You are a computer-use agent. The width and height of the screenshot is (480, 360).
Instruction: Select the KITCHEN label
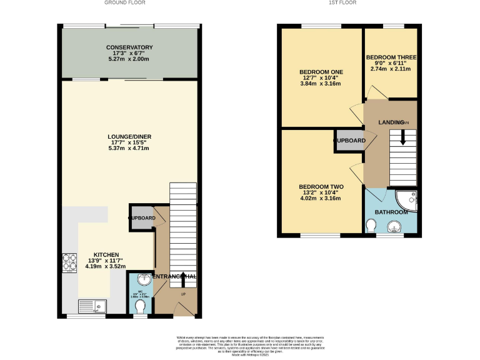point(107,255)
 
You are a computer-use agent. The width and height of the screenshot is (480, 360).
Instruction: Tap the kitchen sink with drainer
point(91,306)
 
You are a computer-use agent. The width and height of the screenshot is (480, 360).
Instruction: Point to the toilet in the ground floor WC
point(140,306)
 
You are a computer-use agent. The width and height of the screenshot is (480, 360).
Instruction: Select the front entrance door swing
point(182,307)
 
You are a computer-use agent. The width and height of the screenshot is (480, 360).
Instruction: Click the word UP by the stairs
point(183,293)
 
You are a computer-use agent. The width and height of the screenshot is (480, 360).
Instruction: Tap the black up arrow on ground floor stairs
point(183,277)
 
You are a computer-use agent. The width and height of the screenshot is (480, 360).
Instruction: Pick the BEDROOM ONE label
point(321,72)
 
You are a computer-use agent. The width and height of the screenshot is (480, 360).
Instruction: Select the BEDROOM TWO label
point(321,187)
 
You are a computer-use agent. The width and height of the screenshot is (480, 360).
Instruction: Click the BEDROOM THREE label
point(391,57)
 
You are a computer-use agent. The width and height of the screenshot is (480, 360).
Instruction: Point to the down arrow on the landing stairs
point(402,138)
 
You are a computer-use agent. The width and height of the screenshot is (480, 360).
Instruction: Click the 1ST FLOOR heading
point(347,3)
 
